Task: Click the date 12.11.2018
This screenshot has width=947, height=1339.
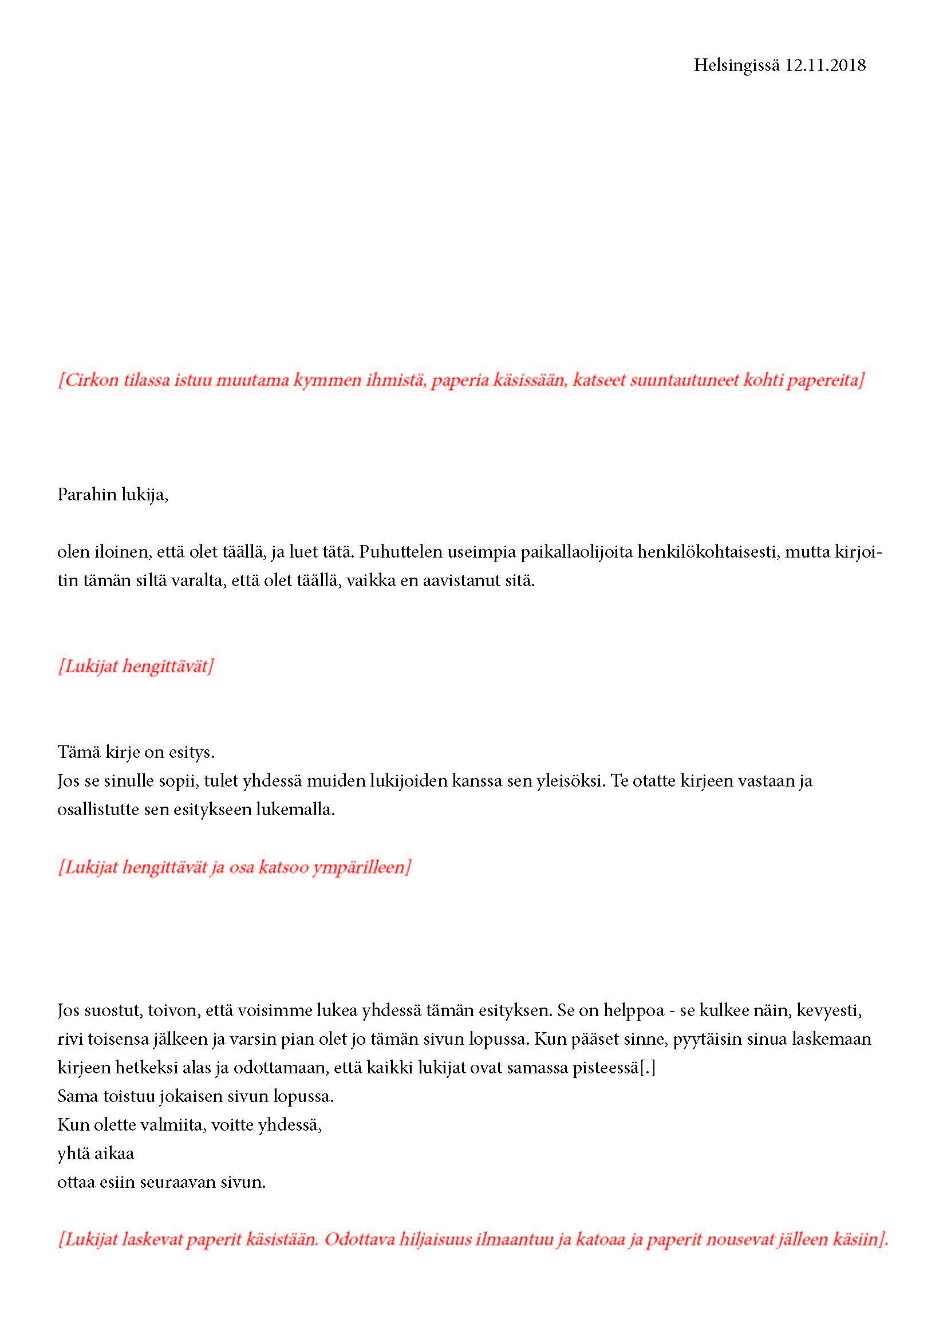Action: [x=825, y=65]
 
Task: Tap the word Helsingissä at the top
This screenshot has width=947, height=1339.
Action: [x=736, y=65]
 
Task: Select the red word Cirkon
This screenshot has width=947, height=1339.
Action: [x=91, y=381]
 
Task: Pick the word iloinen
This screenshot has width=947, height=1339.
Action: [x=122, y=552]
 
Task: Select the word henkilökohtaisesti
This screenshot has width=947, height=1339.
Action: [x=708, y=552]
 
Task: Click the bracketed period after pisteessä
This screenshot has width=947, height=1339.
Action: [x=648, y=1068]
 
